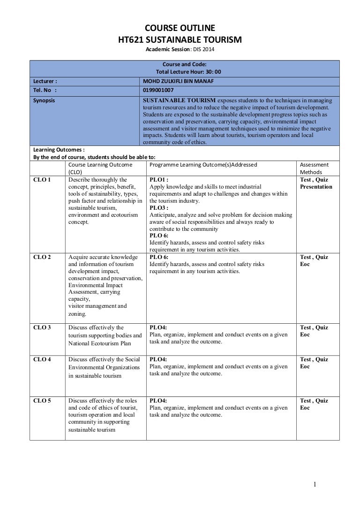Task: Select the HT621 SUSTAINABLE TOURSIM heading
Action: [x=180, y=40]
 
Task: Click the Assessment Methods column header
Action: [x=314, y=168]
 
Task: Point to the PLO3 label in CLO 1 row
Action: [x=159, y=207]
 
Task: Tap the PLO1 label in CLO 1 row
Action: [x=159, y=180]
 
